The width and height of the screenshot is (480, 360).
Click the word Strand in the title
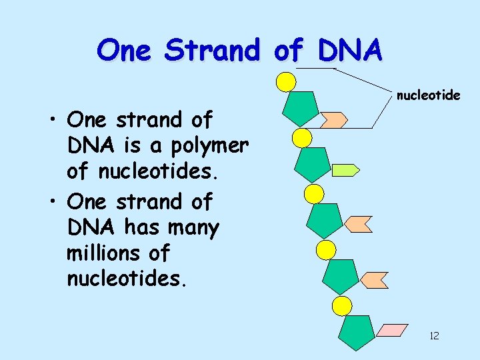point(211,50)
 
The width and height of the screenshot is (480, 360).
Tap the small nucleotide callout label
point(428,95)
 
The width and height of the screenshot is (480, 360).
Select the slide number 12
point(434,335)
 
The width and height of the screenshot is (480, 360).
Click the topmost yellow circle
point(286,81)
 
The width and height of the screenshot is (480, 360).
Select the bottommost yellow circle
point(342,306)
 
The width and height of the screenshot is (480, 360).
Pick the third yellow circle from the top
point(313,194)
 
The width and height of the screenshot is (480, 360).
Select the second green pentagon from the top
point(312,164)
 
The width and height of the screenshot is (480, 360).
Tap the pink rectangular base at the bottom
point(392,331)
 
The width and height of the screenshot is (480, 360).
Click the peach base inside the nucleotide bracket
point(334,120)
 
